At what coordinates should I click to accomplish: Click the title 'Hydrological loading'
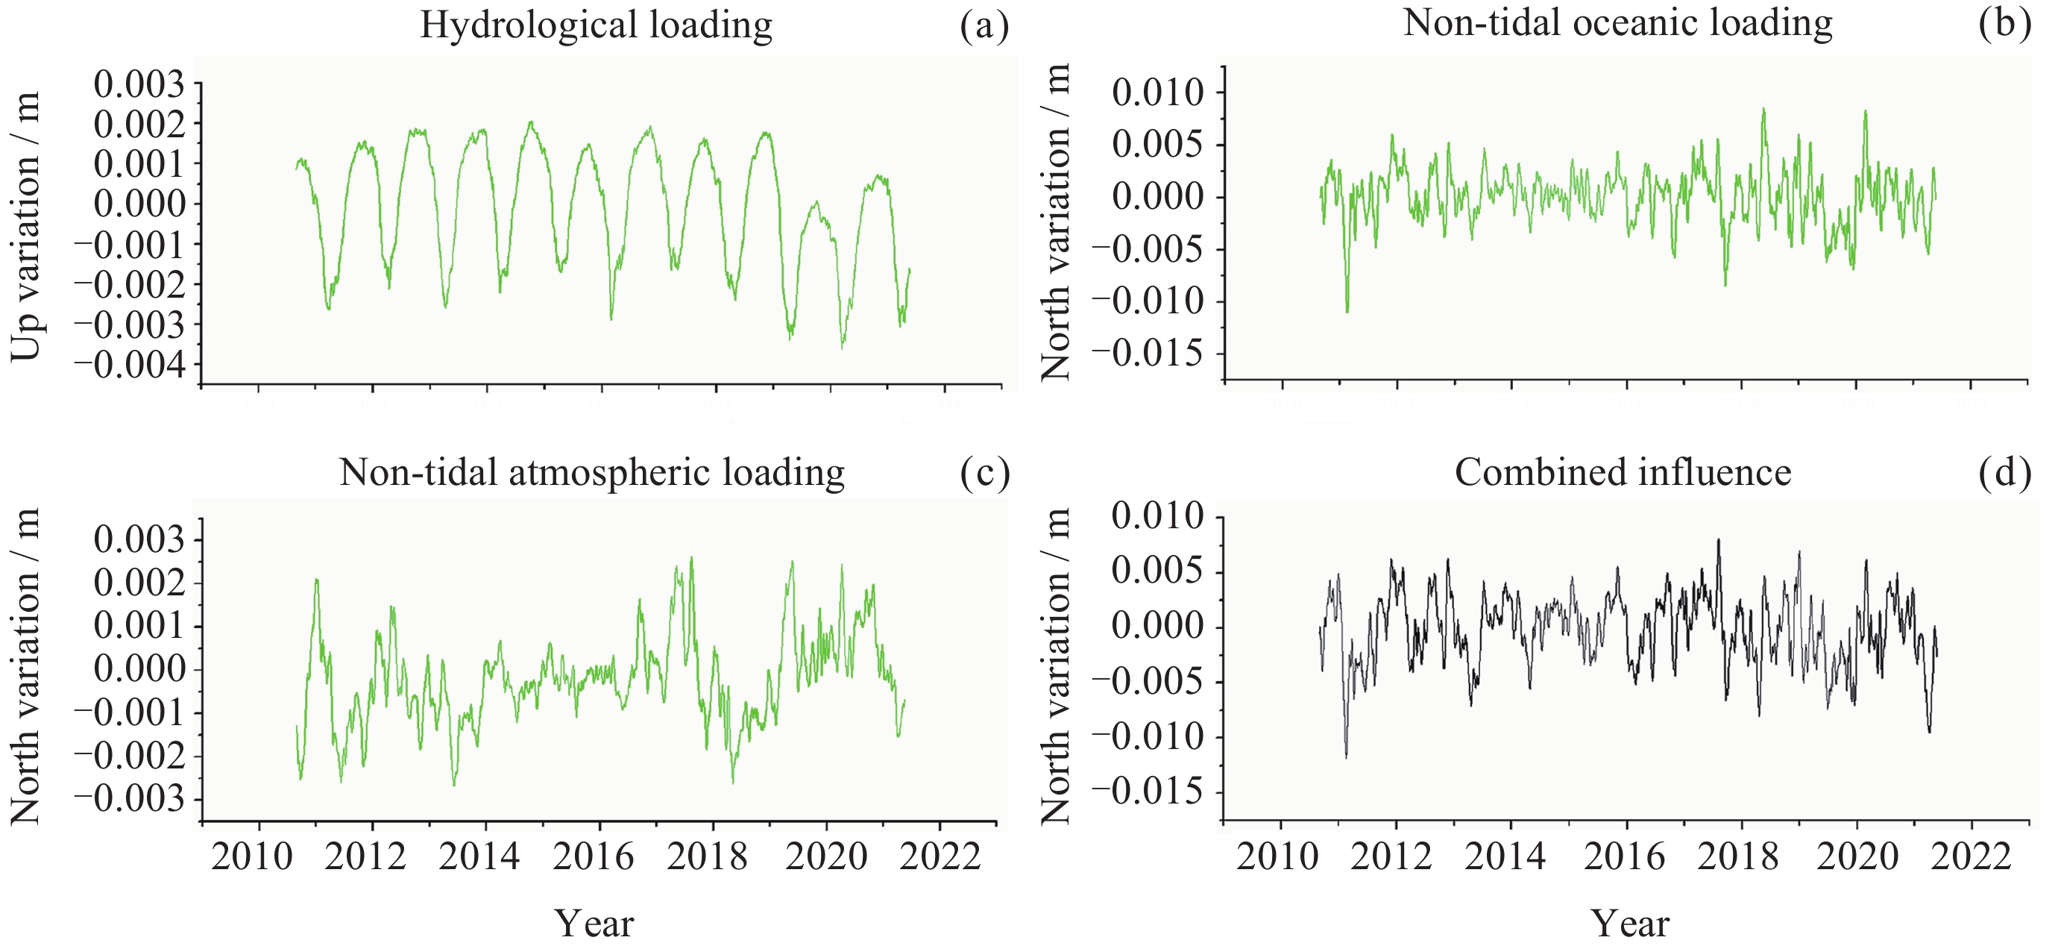(596, 25)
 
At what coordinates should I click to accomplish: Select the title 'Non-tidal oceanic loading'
(1618, 22)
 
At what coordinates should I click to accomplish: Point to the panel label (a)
(984, 25)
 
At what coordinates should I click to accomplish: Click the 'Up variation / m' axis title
(25, 227)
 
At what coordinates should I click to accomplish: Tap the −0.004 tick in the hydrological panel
(130, 366)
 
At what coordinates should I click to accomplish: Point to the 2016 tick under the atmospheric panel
(593, 856)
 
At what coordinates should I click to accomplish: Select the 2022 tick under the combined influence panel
(1971, 856)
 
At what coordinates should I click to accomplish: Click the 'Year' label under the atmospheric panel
(594, 924)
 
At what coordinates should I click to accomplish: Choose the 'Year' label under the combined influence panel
(1630, 924)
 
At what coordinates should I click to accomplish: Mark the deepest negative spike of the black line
(1347, 756)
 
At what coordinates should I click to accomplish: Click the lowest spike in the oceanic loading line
(1347, 311)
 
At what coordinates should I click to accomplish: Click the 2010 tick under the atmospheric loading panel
(252, 856)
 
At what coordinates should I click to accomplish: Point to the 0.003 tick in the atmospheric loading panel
(139, 539)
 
